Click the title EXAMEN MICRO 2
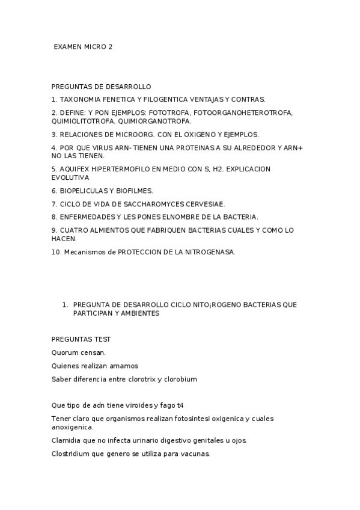(83, 47)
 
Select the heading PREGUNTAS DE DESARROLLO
(101, 87)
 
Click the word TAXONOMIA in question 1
(81, 99)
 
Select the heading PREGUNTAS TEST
(81, 340)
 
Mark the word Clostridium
(72, 453)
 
